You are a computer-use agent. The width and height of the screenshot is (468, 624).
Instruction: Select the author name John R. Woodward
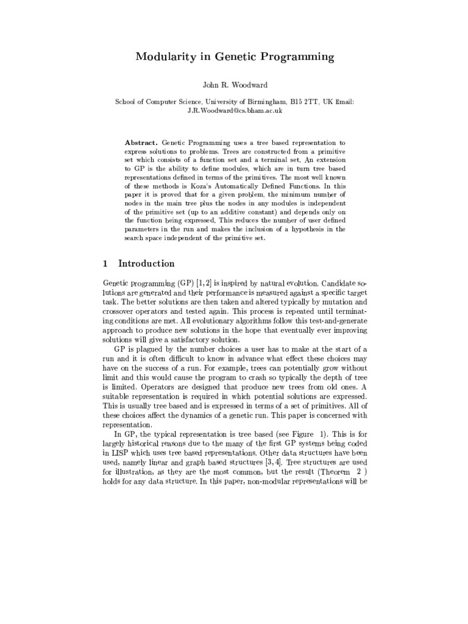pos(234,85)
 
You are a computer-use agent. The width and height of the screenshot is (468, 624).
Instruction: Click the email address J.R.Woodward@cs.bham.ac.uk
pos(234,112)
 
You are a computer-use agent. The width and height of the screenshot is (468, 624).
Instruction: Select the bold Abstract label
pos(141,141)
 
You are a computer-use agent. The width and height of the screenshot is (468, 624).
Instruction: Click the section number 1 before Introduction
pos(105,264)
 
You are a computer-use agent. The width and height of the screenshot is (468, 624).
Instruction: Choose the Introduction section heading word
pos(146,264)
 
